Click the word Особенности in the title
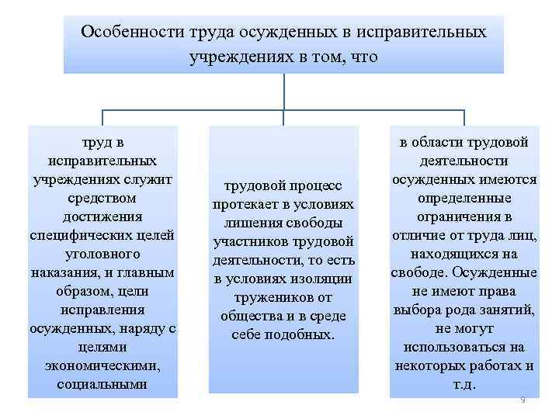click(130, 33)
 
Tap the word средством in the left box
click(103, 198)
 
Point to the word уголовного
click(103, 254)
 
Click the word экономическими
click(103, 366)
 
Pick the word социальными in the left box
click(103, 385)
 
